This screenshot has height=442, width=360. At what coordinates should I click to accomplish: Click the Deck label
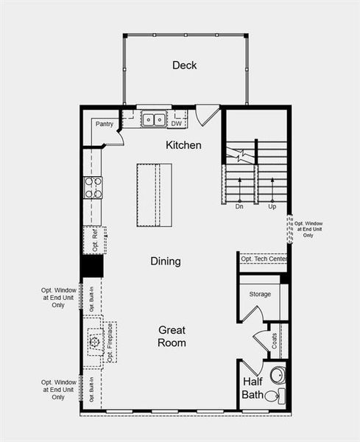[x=185, y=66]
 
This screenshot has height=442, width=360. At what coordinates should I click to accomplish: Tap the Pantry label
[x=105, y=124]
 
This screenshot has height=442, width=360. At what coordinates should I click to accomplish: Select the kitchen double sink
[x=154, y=118]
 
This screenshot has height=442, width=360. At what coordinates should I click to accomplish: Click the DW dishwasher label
[x=177, y=124]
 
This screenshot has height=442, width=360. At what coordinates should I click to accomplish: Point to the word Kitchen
[x=183, y=145]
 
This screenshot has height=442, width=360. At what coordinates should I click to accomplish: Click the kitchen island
[x=154, y=195]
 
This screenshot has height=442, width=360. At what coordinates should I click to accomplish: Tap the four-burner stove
[x=93, y=188]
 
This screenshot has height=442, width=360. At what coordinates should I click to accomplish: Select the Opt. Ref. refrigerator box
[x=95, y=240]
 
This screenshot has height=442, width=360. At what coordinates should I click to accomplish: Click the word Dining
[x=166, y=261]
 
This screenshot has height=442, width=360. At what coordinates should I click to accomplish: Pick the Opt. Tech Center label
[x=263, y=259]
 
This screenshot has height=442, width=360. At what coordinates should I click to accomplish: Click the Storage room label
[x=260, y=294]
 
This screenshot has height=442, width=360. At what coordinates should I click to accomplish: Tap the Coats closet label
[x=274, y=340]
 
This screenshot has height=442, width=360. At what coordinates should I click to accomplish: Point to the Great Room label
[x=171, y=337]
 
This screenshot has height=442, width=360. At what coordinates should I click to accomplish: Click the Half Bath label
[x=253, y=389]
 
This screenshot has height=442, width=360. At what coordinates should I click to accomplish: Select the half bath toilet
[x=272, y=397]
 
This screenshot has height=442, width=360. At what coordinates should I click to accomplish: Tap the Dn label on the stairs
[x=239, y=207]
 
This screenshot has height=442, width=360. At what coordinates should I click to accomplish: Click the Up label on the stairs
[x=272, y=207]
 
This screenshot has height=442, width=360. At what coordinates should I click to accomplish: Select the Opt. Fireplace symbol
[x=95, y=342]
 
